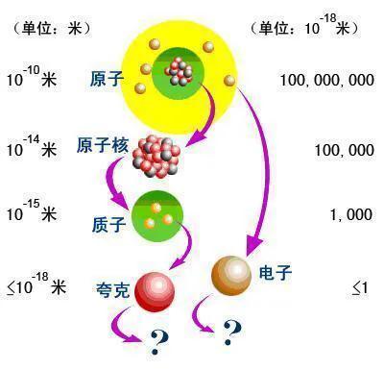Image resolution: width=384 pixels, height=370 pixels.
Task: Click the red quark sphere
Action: [157, 288]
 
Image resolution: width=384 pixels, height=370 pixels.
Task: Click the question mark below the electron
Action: [230, 333]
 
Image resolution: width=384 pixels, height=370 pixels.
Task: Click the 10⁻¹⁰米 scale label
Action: [31, 78]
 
